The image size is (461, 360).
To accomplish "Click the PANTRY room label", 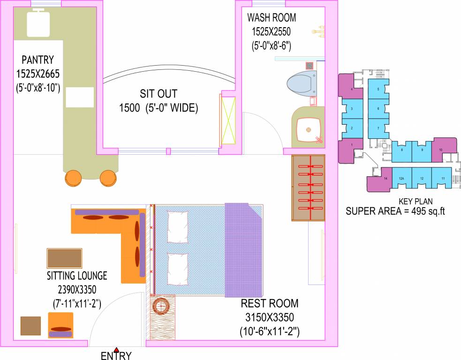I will coord(38,60).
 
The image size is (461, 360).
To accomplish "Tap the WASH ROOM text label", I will coord(272,18).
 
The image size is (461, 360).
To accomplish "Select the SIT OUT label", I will coord(159,93).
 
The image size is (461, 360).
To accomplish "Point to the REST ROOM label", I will coord(269,303).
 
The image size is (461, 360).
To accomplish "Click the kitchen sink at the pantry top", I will coord(38,24).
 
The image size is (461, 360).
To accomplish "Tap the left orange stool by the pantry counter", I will coord(73,178).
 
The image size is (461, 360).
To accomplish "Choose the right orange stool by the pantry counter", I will coord(108,178).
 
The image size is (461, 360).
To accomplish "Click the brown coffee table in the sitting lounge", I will coord(64,258).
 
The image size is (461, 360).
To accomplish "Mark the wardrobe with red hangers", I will coord(308,187).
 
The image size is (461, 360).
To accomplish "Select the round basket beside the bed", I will coord(162,307).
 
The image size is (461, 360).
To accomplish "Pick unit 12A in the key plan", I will coord(401,179).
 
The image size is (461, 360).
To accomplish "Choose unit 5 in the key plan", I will coord(378,89).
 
